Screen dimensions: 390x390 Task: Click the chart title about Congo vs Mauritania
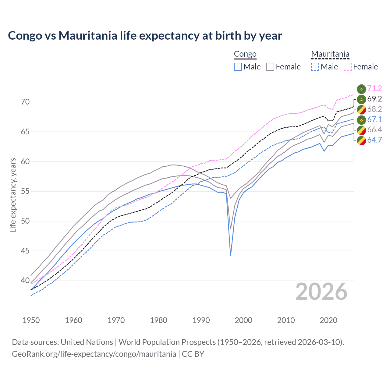click(x=145, y=36)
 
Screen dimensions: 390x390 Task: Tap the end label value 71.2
click(x=374, y=89)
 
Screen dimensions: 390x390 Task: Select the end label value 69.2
click(x=374, y=99)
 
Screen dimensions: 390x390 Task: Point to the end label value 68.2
click(x=374, y=109)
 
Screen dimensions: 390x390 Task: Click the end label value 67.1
click(x=374, y=119)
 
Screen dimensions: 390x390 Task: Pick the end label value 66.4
click(x=374, y=130)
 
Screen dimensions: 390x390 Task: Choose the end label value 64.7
click(x=374, y=140)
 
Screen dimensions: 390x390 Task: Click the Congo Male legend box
click(x=238, y=67)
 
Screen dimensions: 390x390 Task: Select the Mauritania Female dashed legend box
click(x=348, y=67)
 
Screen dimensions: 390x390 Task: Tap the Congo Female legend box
click(x=270, y=67)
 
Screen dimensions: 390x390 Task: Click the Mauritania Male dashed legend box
click(x=315, y=67)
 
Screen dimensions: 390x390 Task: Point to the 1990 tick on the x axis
click(x=201, y=320)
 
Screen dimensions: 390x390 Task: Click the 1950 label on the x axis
click(x=31, y=320)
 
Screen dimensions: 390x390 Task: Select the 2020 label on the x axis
click(x=328, y=320)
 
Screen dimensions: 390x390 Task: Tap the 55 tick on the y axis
click(x=25, y=191)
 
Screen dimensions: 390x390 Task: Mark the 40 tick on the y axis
click(x=25, y=281)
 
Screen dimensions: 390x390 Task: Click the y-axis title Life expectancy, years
click(x=13, y=195)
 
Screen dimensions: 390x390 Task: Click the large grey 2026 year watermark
click(x=321, y=292)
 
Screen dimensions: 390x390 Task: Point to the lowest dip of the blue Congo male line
click(x=231, y=255)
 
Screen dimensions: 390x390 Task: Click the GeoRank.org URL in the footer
click(x=94, y=354)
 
